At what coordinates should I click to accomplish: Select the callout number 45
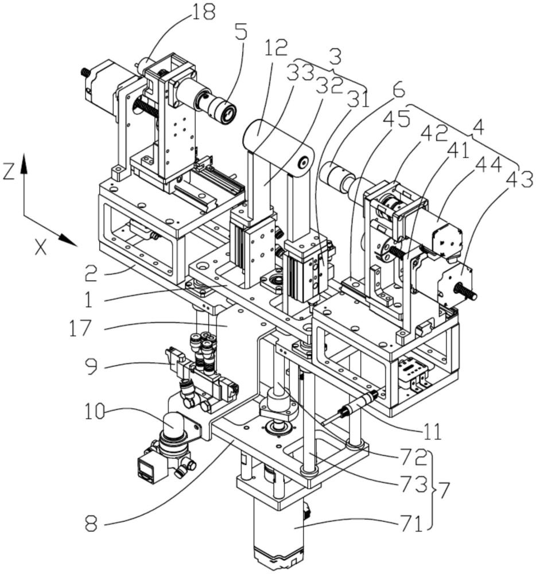[399, 121]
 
